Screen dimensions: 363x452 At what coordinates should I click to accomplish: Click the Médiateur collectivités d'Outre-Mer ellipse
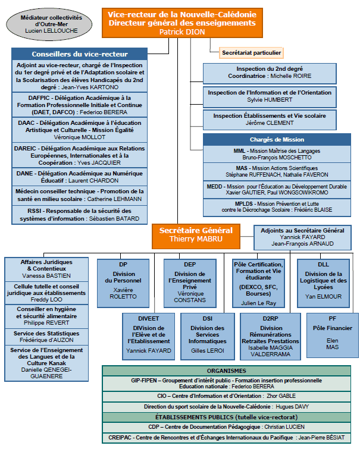pyautogui.click(x=49, y=24)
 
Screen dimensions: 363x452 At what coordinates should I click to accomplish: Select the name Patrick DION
pyautogui.click(x=182, y=32)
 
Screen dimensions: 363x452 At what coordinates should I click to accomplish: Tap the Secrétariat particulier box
pyautogui.click(x=251, y=53)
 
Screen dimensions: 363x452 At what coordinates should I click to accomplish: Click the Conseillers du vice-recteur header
pyautogui.click(x=80, y=54)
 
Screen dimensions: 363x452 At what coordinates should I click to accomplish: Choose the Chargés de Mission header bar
pyautogui.click(x=277, y=140)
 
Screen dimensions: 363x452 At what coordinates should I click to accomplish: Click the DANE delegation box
pyautogui.click(x=80, y=177)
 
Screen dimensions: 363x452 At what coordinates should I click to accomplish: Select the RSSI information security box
pyautogui.click(x=80, y=215)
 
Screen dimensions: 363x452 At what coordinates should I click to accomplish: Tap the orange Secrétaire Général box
pyautogui.click(x=196, y=236)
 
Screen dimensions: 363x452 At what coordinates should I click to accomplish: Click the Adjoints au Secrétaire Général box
pyautogui.click(x=302, y=237)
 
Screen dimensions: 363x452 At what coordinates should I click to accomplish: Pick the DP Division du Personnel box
pyautogui.click(x=123, y=283)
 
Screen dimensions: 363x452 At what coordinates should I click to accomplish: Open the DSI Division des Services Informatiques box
pyautogui.click(x=207, y=337)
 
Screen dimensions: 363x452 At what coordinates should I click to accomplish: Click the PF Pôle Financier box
pyautogui.click(x=333, y=335)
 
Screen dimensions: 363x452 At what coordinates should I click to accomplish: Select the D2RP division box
pyautogui.click(x=270, y=337)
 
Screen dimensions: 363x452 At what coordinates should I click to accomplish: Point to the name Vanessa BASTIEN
pyautogui.click(x=46, y=275)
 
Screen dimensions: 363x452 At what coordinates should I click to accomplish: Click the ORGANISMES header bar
pyautogui.click(x=226, y=371)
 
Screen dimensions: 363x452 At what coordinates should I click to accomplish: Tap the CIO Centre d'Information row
pyautogui.click(x=226, y=396)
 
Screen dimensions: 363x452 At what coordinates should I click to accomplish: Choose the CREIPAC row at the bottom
pyautogui.click(x=226, y=438)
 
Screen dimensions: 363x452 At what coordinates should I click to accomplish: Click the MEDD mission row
pyautogui.click(x=277, y=190)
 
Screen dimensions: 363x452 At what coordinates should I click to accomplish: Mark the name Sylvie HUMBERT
pyautogui.click(x=270, y=100)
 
